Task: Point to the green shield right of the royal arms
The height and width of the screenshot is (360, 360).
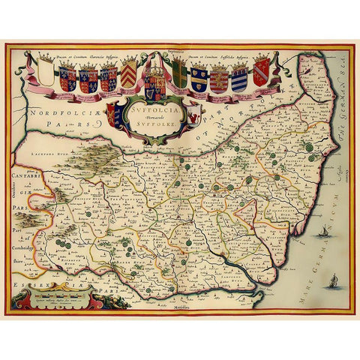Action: coord(180,75)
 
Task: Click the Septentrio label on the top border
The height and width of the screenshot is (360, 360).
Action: coord(177,54)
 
